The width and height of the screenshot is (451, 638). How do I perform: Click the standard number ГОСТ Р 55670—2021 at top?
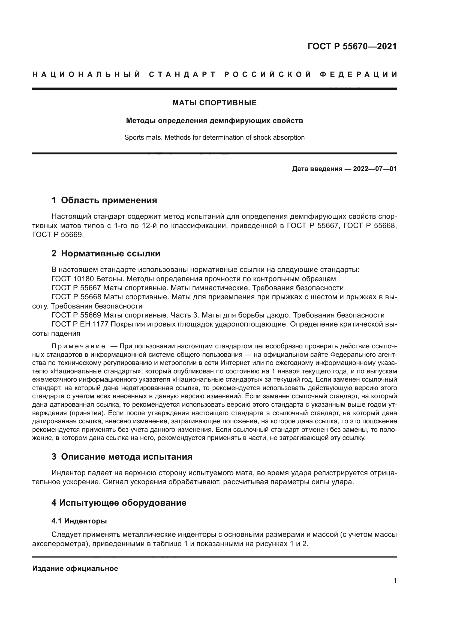coord(352,46)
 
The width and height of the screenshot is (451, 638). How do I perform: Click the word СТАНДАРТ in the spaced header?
coord(182,74)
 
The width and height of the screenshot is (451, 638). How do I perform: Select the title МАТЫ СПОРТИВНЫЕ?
coord(214,103)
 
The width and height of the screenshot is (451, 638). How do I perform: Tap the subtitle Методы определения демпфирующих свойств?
coord(214,121)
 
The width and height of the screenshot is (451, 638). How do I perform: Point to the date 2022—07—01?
coord(375,169)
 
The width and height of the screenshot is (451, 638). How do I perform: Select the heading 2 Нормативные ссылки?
coord(106,253)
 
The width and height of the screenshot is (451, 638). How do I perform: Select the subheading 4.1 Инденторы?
coord(79,521)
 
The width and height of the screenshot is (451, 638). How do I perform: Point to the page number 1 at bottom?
coord(395,580)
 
